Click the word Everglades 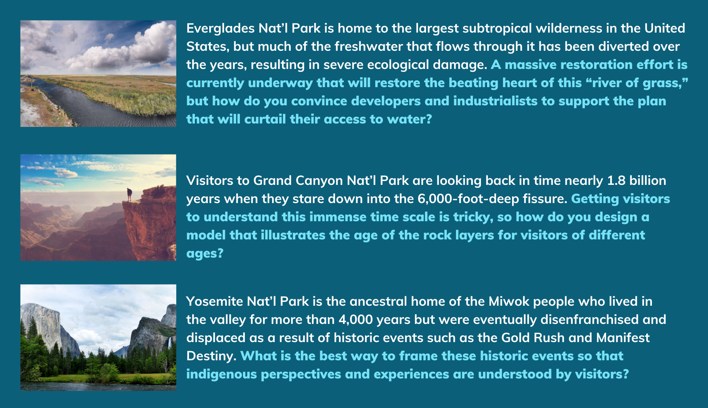[221, 29]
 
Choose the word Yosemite [215, 302]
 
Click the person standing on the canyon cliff [130, 194]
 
